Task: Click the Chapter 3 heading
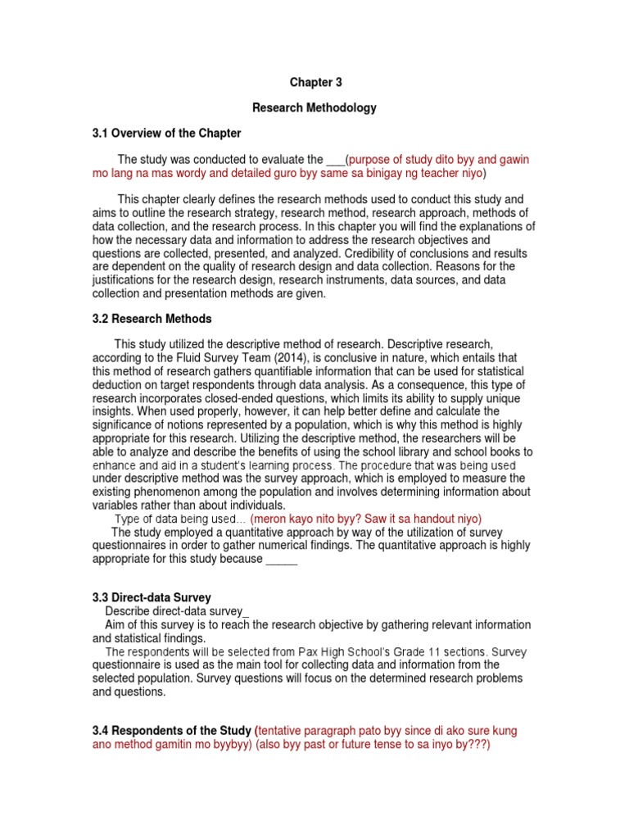pos(315,83)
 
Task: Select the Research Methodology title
pos(314,107)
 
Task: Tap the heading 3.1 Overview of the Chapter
pos(166,133)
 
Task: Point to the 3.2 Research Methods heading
pos(152,319)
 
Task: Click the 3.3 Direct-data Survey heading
pos(152,598)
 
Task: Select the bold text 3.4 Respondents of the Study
pos(172,730)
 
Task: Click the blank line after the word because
pos(282,559)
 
